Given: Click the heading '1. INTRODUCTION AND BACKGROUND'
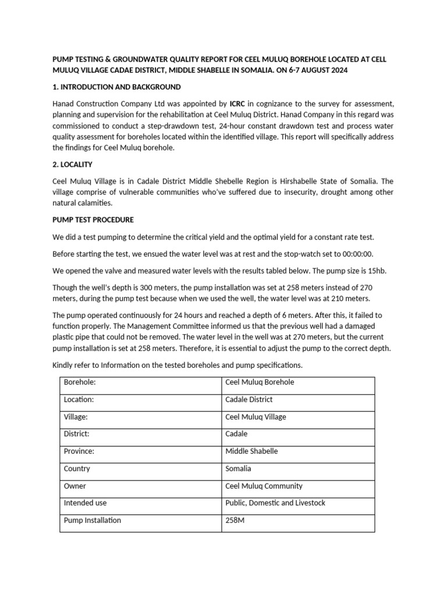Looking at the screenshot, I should click(x=116, y=87).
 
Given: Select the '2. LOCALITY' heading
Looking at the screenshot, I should click(x=72, y=165).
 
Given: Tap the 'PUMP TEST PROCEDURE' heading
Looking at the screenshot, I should click(x=93, y=220).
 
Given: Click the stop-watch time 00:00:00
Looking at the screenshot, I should click(x=356, y=253).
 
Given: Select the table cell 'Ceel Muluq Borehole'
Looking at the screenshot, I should click(x=260, y=382).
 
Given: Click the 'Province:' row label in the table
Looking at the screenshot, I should click(x=80, y=451).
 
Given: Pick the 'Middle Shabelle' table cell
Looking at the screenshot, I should click(x=251, y=451).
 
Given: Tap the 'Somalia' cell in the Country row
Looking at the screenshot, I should click(x=239, y=468).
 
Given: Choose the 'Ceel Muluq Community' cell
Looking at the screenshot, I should click(x=264, y=486).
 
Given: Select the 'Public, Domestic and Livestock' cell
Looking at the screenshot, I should click(x=275, y=503).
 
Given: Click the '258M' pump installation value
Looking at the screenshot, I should click(x=235, y=521).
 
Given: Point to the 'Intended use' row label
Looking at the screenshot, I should click(x=85, y=503).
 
